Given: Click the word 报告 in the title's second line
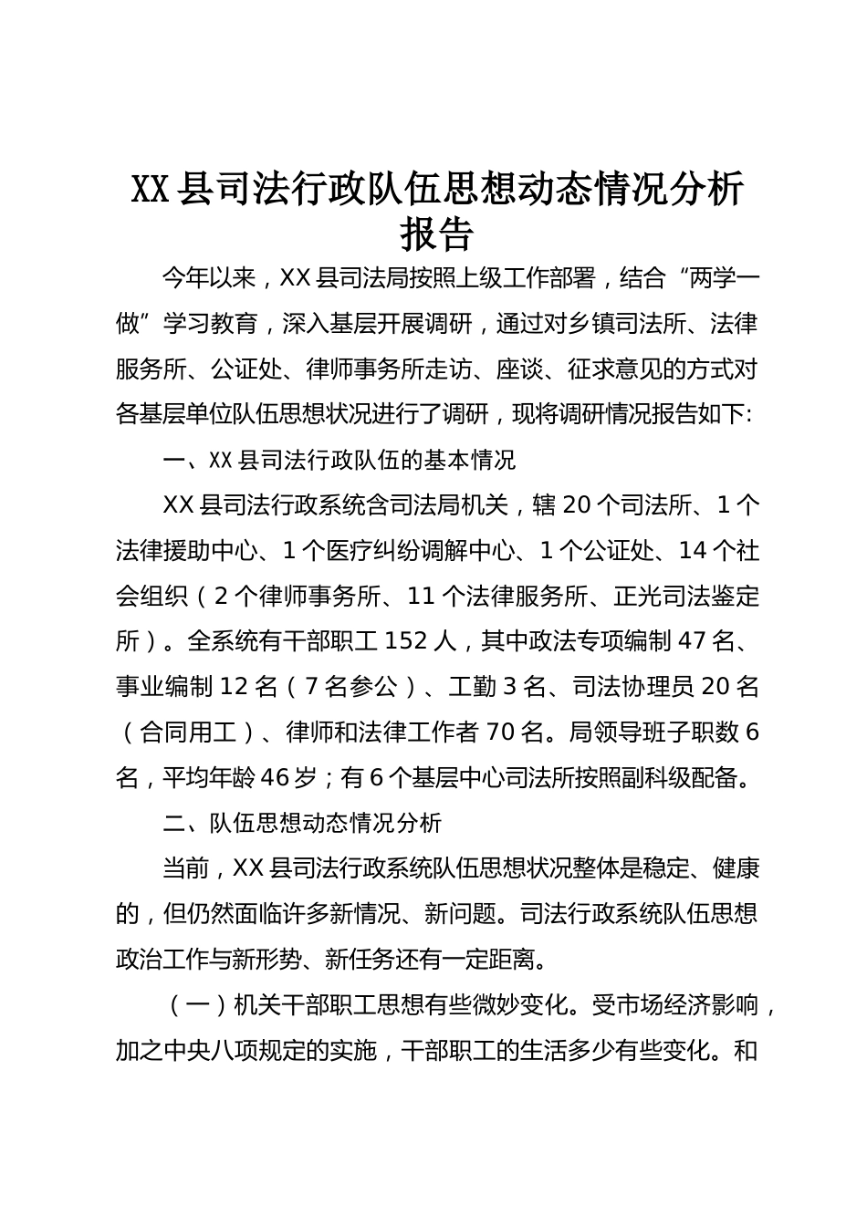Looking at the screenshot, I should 438,234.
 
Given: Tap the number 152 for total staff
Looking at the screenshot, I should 405,641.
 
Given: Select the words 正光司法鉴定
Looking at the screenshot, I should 691,596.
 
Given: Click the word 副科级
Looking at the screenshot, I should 655,777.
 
